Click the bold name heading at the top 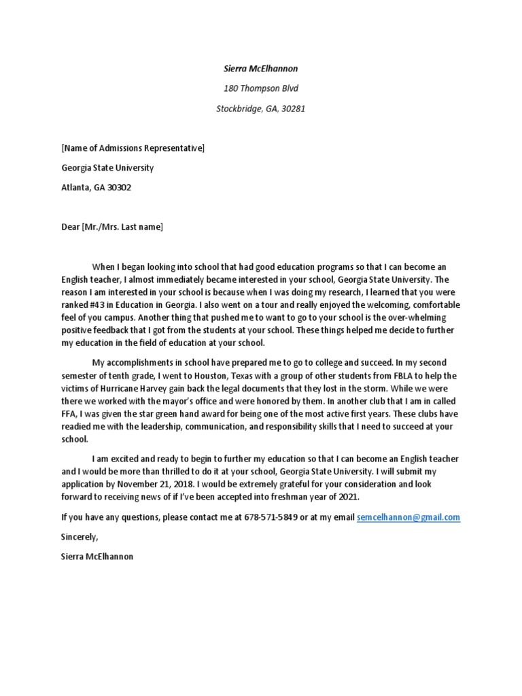(261, 69)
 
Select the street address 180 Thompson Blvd (261, 88)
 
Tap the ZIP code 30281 (292, 108)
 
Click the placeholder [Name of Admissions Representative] (133, 148)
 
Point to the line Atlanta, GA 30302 (96, 188)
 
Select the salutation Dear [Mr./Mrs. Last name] (112, 227)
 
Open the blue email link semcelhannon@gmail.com (408, 517)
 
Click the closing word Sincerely (79, 537)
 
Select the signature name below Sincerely (97, 556)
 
